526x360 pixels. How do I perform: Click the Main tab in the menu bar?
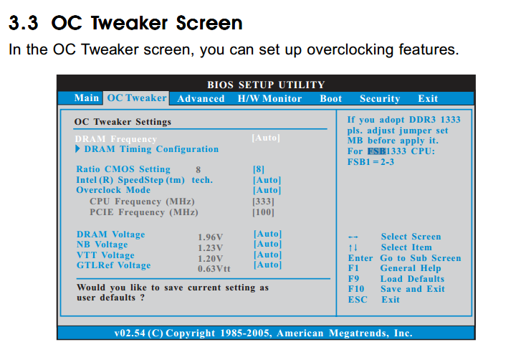87,98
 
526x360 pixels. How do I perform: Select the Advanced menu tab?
201,98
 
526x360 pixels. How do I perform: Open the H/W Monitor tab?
269,98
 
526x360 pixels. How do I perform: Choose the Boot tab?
331,98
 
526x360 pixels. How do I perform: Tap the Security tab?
380,98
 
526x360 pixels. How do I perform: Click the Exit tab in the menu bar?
428,98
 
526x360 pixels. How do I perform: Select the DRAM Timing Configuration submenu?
151,148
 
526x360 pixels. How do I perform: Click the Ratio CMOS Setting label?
123,169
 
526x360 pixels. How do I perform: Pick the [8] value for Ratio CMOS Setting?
259,169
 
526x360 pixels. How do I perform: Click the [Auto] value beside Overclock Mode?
267,190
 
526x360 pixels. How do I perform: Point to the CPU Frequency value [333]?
263,202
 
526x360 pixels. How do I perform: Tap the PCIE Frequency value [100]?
263,212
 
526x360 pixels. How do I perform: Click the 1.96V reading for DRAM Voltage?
211,237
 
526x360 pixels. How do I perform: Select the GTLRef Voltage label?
113,265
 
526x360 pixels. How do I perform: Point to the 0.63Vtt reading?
214,269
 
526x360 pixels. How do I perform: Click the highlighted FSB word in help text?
377,151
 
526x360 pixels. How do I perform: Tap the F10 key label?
356,289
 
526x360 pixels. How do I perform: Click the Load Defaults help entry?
412,279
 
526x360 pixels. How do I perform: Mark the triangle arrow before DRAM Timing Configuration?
78,148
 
